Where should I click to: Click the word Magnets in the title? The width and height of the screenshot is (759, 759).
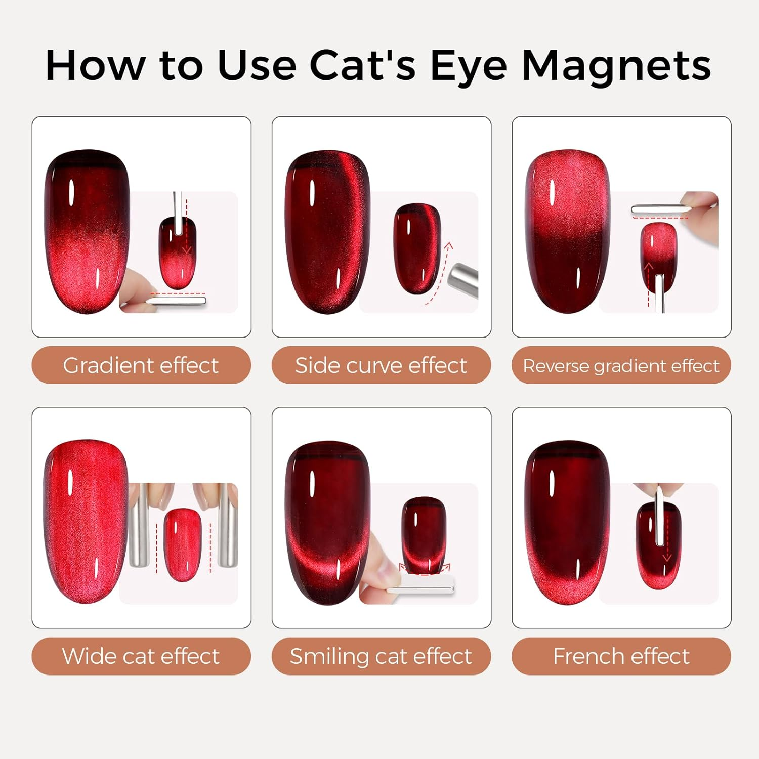[616, 66]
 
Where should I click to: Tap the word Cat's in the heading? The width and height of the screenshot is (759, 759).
[362, 66]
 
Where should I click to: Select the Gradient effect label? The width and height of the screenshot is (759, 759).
[141, 365]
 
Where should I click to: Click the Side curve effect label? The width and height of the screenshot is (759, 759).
[381, 365]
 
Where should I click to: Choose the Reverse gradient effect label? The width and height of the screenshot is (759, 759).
[621, 365]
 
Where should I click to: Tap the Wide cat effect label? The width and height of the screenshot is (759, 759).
[141, 656]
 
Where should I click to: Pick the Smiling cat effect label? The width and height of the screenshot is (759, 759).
[381, 656]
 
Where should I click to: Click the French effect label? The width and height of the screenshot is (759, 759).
[621, 656]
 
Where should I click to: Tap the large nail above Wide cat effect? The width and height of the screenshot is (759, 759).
[86, 521]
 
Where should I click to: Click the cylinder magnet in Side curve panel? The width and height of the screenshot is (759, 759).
[463, 280]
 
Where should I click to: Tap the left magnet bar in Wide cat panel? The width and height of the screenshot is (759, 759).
[139, 525]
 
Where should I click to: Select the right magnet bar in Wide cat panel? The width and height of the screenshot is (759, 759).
[228, 525]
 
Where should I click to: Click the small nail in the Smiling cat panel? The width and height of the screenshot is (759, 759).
[424, 535]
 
